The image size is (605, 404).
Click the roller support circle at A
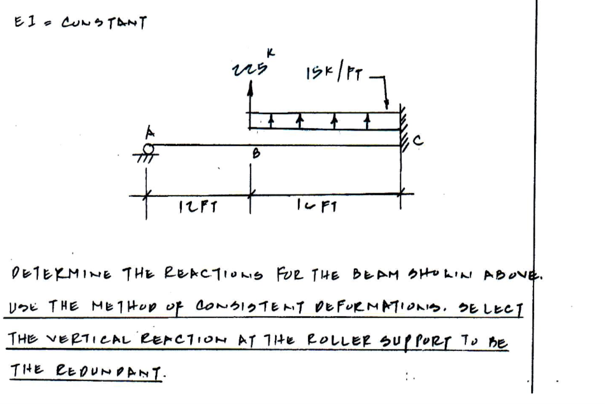pos(148,148)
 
